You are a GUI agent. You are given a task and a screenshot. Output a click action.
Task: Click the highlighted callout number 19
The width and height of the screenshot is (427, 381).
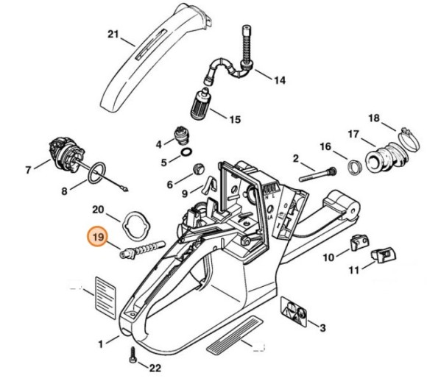click(98, 237)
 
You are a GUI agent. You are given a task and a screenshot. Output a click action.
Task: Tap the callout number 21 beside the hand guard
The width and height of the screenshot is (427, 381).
click(113, 34)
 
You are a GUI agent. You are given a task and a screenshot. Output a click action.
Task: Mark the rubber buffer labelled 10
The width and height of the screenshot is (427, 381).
click(358, 241)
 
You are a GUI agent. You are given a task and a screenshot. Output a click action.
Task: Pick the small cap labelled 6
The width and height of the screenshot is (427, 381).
click(196, 169)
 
